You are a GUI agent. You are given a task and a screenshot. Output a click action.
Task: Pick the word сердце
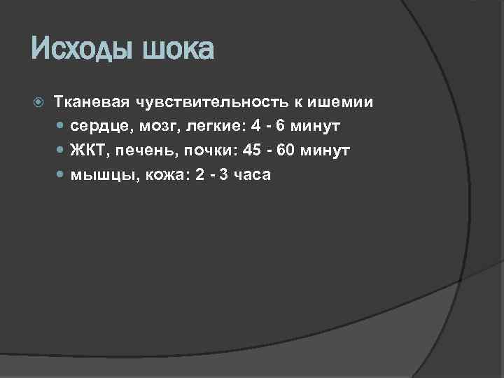(x=94, y=127)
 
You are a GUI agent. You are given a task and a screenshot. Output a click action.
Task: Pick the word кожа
(x=163, y=174)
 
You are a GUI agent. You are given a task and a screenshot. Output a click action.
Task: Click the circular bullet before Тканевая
(x=38, y=103)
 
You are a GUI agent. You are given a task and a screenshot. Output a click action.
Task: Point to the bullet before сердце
(x=60, y=127)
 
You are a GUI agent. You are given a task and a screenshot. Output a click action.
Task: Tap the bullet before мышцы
(x=60, y=175)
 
